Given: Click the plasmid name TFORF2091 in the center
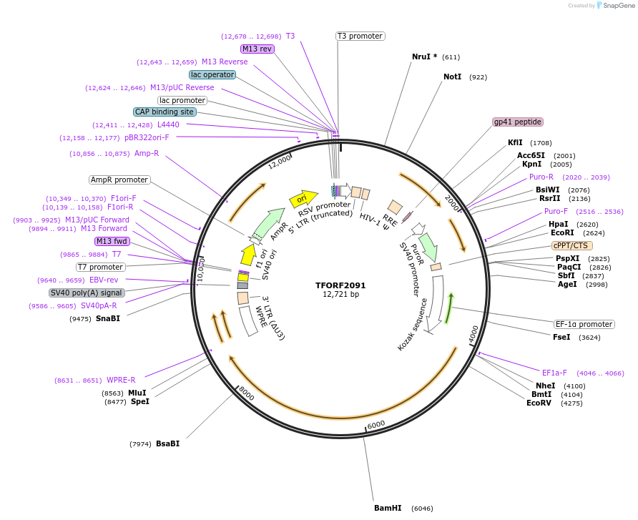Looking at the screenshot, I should click(x=340, y=285).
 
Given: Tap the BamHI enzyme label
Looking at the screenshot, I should click(x=388, y=509).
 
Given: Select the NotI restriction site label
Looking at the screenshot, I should click(x=452, y=77).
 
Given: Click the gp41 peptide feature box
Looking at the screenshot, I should click(x=517, y=122).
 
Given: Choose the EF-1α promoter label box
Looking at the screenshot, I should click(x=584, y=324).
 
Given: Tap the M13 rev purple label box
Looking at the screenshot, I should click(x=257, y=49).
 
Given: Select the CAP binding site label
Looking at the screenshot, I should click(x=164, y=112).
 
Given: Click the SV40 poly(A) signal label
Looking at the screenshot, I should click(x=87, y=293).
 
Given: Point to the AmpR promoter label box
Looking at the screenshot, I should click(x=119, y=180).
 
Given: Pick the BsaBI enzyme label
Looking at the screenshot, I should click(x=167, y=443).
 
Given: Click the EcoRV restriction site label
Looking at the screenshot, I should click(x=539, y=403).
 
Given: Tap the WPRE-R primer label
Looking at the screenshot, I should click(x=121, y=380).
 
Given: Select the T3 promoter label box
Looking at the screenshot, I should click(x=360, y=36).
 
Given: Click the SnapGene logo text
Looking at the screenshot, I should click(x=619, y=6).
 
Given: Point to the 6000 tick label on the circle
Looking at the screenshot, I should click(x=376, y=423).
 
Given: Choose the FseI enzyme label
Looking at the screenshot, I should click(x=561, y=337).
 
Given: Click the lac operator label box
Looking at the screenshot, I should click(x=212, y=74).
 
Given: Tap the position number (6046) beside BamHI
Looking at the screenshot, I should click(x=422, y=509).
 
